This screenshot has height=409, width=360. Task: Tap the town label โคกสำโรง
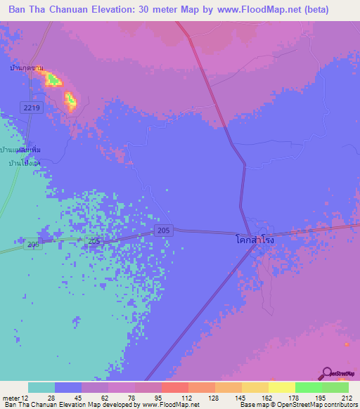click(254, 240)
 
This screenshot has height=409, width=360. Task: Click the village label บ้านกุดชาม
click(27, 68)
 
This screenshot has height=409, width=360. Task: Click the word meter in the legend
click(10, 397)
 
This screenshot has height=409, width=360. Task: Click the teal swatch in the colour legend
click(41, 387)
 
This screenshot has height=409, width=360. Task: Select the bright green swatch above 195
click(308, 387)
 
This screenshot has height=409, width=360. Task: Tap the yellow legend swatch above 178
click(281, 387)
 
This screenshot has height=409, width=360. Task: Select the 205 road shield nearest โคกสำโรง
click(162, 231)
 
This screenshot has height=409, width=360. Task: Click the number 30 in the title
click(140, 10)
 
